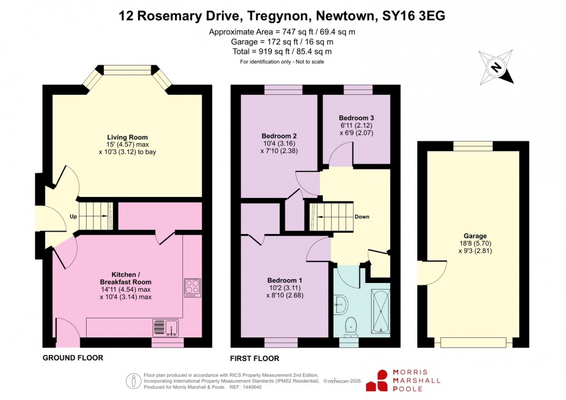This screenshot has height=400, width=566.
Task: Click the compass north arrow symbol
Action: coord(497,68)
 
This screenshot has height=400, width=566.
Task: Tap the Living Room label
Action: coord(128,137)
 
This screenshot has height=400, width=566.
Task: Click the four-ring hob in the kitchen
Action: coord(193,287)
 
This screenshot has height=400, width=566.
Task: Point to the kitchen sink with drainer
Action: coord(165,328)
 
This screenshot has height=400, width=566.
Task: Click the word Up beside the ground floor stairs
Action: coord(73,216)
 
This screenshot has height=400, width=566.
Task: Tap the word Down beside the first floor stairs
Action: coord(362,216)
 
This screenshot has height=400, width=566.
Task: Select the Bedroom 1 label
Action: coord(285,280)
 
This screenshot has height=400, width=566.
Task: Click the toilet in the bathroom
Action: coord(351,326)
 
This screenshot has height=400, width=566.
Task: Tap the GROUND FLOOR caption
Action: coord(73,358)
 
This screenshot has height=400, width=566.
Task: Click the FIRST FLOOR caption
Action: coord(254,358)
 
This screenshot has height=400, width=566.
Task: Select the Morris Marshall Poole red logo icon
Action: coord(381,381)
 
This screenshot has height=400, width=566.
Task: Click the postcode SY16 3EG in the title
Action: coord(414,16)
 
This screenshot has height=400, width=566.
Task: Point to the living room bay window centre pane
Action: coord(128,69)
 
